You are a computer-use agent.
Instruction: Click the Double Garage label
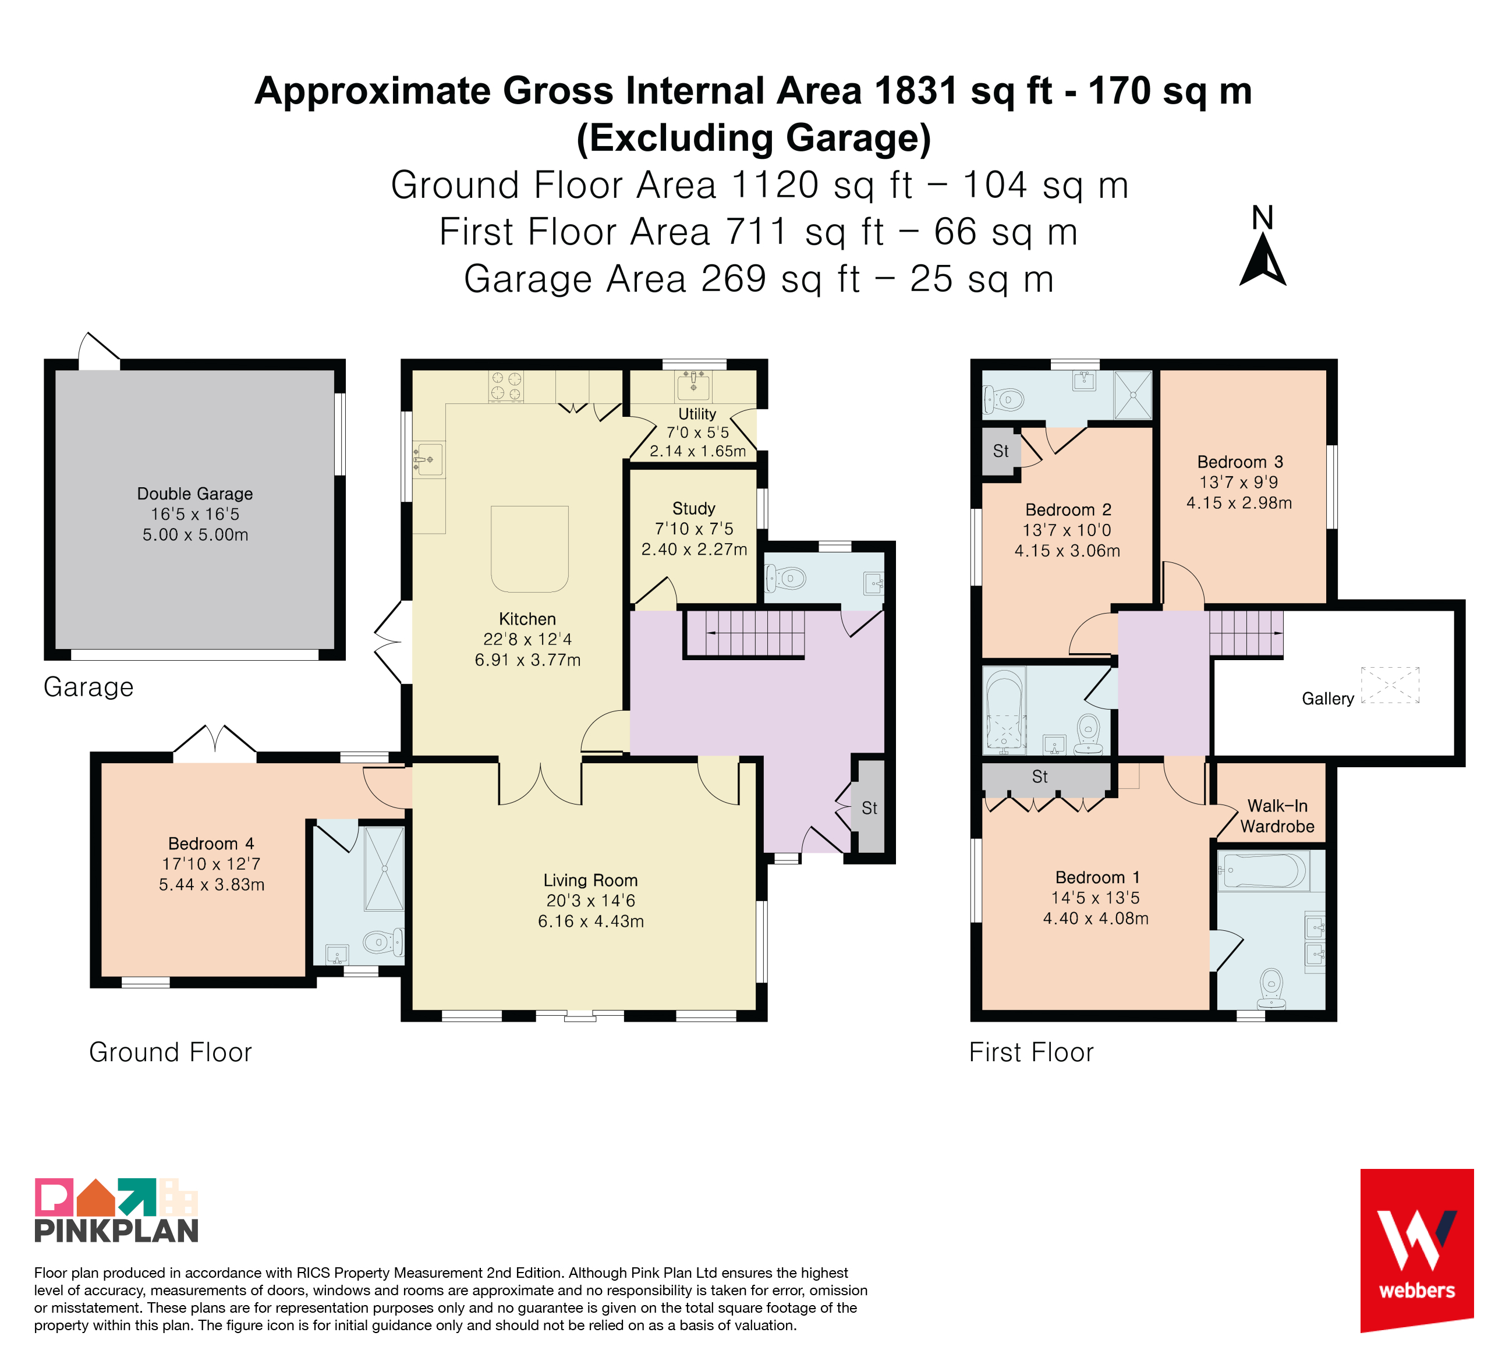(194, 494)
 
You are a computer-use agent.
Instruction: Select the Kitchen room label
(527, 619)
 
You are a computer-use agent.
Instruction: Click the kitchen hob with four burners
(506, 386)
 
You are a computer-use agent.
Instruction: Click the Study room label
(694, 509)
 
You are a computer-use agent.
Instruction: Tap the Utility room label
(697, 414)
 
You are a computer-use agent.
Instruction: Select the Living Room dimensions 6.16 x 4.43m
(590, 922)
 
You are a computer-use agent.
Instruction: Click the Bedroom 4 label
(211, 844)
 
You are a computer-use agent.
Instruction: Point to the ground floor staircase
(745, 633)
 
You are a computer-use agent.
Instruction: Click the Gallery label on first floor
(1328, 699)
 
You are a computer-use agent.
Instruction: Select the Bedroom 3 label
(1240, 462)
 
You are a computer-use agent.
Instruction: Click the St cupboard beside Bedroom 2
(1001, 451)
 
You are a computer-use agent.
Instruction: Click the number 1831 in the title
(915, 91)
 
